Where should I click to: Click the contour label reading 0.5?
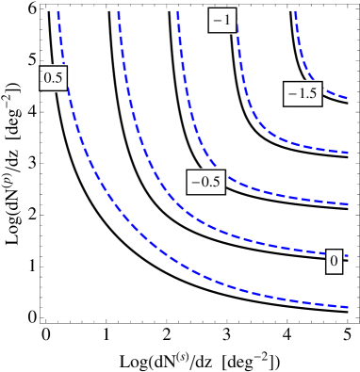tap(53, 79)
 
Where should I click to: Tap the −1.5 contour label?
tap(303, 93)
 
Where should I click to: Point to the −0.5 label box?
tap(206, 182)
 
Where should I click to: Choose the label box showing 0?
tap(334, 260)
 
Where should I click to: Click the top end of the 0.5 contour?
tap(58, 11)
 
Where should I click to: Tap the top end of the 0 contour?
tap(119, 11)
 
